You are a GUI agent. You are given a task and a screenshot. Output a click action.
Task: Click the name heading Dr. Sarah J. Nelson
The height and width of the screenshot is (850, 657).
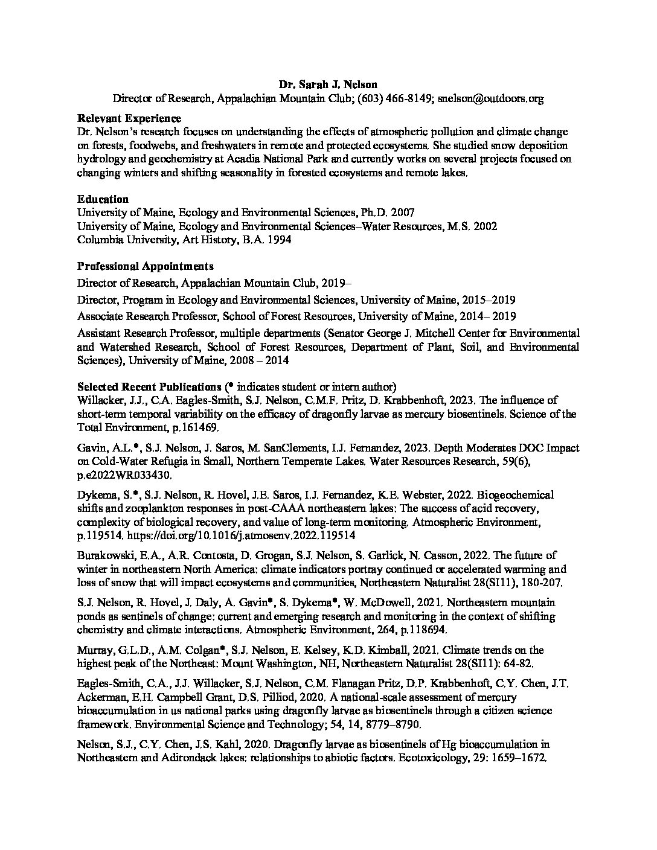pyautogui.click(x=328, y=84)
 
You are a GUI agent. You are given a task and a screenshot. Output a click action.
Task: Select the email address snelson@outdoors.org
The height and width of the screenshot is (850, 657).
pyautogui.click(x=490, y=98)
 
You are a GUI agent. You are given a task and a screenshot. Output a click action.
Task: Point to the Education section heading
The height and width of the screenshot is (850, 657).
pyautogui.click(x=103, y=199)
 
